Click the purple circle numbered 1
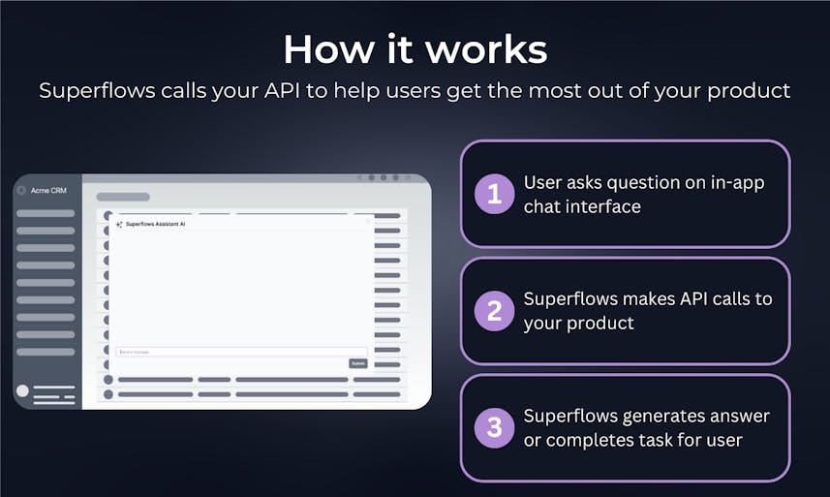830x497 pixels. tap(495, 194)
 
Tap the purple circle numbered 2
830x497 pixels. tap(495, 311)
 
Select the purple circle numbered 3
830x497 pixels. tap(495, 427)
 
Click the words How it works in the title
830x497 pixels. tap(415, 48)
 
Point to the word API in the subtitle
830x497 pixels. tap(319, 91)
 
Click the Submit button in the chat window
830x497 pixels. tap(358, 363)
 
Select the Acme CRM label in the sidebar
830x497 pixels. tap(47, 190)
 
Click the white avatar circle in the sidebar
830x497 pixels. tap(22, 391)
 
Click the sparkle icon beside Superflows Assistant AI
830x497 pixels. tap(119, 224)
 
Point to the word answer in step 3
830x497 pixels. tap(740, 416)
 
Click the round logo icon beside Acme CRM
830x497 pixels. tap(22, 190)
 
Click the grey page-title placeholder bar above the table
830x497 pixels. tap(123, 197)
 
